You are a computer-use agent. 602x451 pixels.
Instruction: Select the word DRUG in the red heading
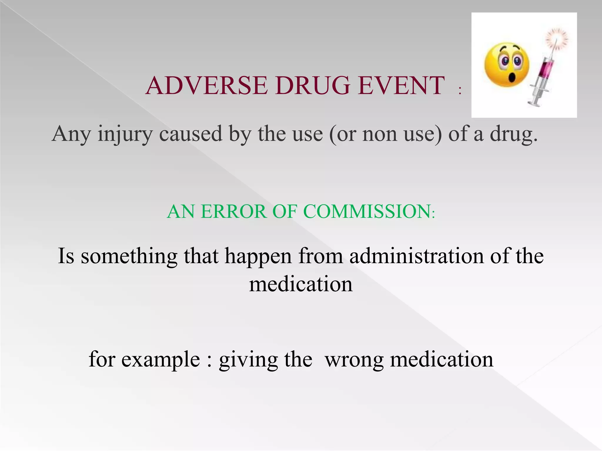tap(313, 86)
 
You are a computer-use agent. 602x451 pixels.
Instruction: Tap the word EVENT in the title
tap(401, 86)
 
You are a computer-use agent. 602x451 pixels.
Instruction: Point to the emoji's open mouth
tap(512, 78)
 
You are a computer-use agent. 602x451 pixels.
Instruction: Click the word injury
tap(125, 134)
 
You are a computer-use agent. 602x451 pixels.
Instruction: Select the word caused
tap(190, 134)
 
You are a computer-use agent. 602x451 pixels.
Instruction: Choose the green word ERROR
tap(233, 211)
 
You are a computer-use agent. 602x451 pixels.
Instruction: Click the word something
tap(129, 256)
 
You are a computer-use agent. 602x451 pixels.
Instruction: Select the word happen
tap(258, 256)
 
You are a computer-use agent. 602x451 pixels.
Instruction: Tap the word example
tap(160, 359)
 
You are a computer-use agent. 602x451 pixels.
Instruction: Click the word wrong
tap(354, 359)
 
